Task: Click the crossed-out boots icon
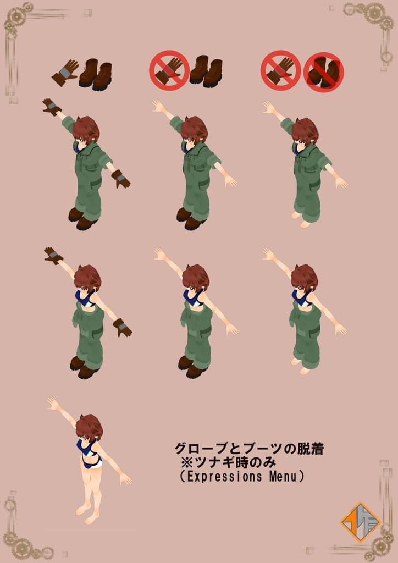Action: click(323, 72)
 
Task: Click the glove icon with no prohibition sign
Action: click(65, 73)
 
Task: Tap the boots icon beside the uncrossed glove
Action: click(96, 74)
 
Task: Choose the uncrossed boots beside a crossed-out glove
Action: click(206, 71)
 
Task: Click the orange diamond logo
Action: click(361, 522)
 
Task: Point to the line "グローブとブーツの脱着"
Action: click(248, 449)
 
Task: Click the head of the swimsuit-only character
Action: click(89, 427)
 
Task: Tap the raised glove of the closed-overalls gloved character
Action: click(52, 106)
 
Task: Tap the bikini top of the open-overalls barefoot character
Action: click(301, 298)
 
